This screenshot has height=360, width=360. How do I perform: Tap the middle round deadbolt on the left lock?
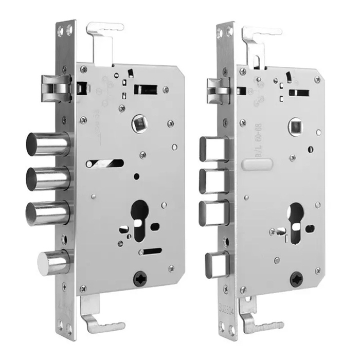[x=48, y=178]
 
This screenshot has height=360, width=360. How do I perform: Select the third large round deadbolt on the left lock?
[x=48, y=212]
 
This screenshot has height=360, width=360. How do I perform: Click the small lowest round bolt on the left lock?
[x=52, y=262]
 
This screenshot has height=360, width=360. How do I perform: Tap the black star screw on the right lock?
[x=297, y=281]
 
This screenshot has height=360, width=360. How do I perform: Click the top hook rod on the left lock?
[x=105, y=39]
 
